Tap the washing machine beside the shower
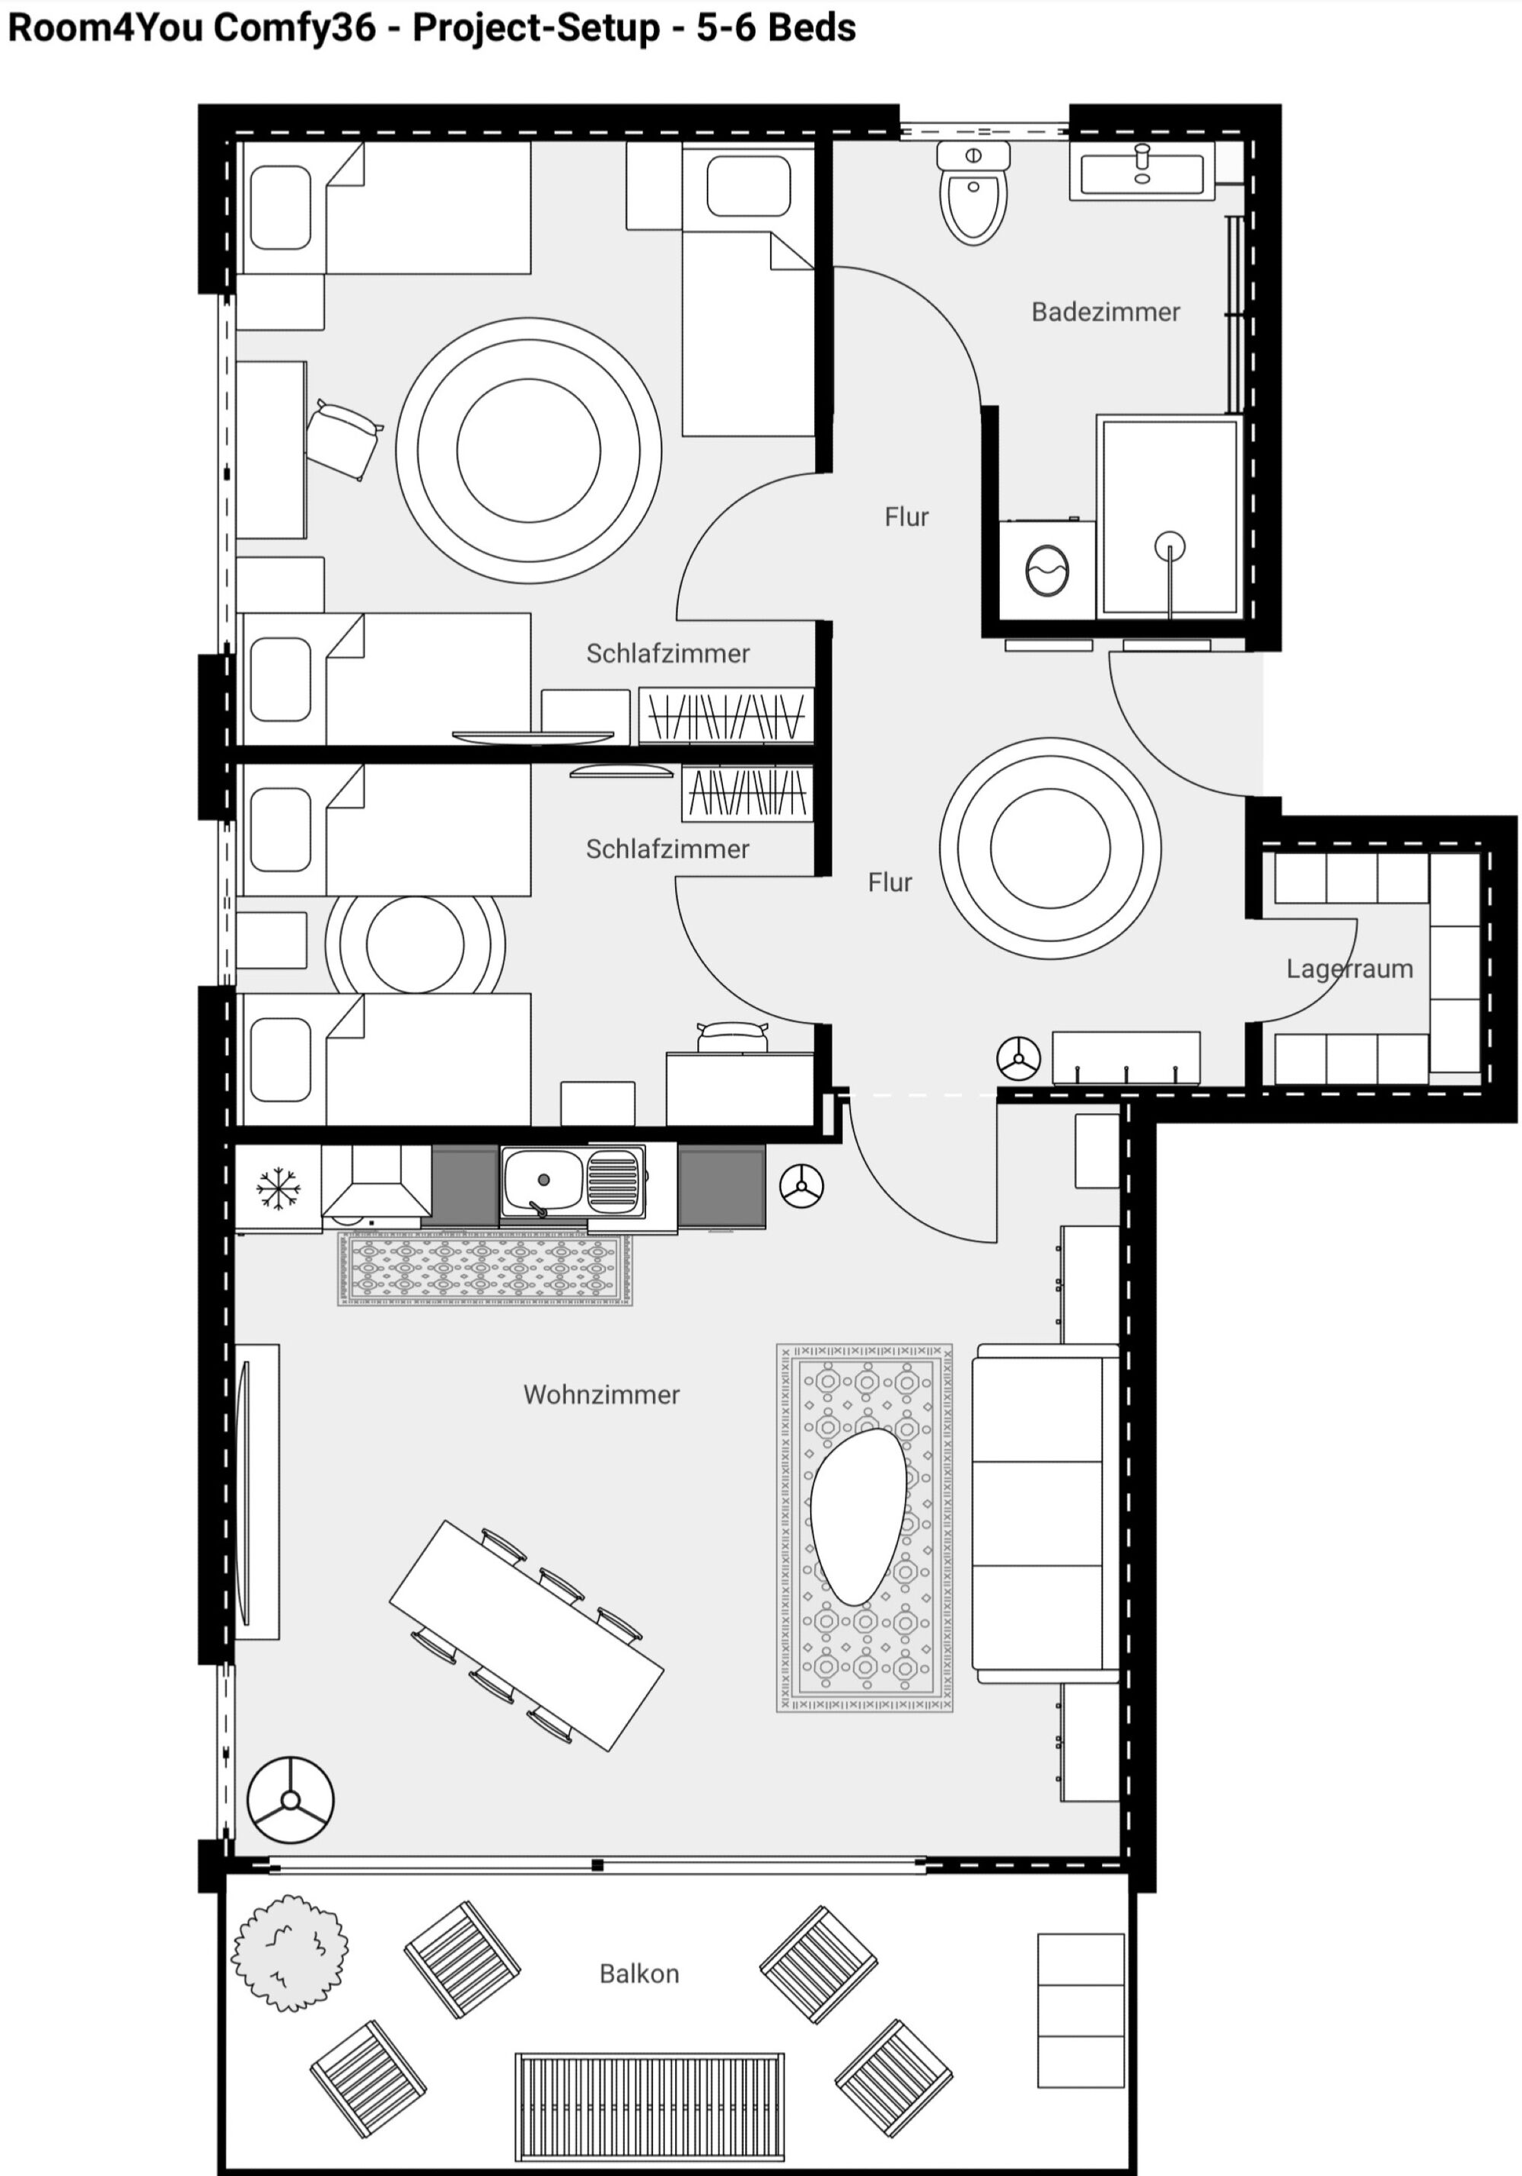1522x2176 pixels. [x=1047, y=571]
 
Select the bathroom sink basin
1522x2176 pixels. [x=1142, y=171]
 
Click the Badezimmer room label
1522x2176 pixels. [x=1105, y=312]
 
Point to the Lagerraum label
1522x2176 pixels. [x=1348, y=969]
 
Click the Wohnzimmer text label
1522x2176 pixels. [x=601, y=1394]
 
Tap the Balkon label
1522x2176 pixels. [x=638, y=1974]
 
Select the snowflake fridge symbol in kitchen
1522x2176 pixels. [x=278, y=1188]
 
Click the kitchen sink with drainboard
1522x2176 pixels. [x=573, y=1181]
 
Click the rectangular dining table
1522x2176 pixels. [x=526, y=1636]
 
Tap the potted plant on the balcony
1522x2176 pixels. [x=290, y=1953]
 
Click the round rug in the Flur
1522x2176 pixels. [x=1050, y=847]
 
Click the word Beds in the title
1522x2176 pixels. [x=811, y=27]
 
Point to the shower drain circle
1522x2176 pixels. [x=1170, y=546]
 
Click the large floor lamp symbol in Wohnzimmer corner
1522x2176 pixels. [x=290, y=1801]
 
